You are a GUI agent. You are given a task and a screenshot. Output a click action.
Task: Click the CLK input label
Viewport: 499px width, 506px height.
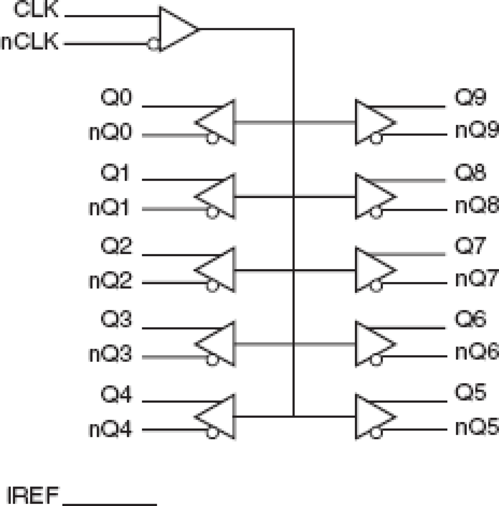tap(36, 10)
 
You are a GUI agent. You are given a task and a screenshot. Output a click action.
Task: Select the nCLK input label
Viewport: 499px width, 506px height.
tap(30, 42)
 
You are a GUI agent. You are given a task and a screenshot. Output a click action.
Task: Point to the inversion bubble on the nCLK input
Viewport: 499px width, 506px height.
tap(153, 44)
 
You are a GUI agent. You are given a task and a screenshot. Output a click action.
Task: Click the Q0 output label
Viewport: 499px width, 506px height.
tap(116, 97)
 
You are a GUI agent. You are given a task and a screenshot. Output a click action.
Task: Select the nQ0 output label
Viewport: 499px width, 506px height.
tap(110, 132)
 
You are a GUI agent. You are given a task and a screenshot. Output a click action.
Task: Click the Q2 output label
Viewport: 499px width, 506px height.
tap(116, 246)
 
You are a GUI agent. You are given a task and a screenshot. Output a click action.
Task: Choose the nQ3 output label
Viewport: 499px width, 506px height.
tap(110, 354)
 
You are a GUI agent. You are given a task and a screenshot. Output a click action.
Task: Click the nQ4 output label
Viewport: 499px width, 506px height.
tap(110, 429)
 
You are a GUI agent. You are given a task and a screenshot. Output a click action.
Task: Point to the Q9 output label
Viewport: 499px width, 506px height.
tap(470, 97)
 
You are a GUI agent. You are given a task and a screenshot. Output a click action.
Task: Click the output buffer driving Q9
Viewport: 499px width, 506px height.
tap(372, 123)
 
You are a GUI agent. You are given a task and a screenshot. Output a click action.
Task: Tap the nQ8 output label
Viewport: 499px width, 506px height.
tap(476, 206)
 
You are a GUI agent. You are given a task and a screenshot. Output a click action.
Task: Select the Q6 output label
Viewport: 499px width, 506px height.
tap(470, 319)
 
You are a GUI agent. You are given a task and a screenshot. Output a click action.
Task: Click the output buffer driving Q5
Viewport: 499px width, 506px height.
tap(372, 416)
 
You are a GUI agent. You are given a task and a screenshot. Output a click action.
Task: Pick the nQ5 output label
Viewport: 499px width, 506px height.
tap(476, 427)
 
